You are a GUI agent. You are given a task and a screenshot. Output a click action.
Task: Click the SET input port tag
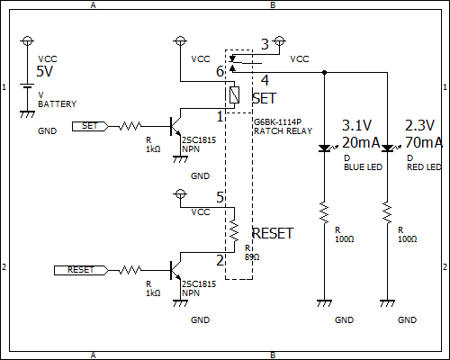click(x=90, y=126)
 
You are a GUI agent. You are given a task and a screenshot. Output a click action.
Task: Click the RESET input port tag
click(x=81, y=270)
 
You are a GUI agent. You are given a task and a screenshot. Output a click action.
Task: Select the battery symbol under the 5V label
click(x=27, y=86)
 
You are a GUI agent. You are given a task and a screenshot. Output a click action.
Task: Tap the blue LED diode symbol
click(x=325, y=148)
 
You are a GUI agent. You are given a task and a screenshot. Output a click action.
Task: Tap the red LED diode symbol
click(x=388, y=148)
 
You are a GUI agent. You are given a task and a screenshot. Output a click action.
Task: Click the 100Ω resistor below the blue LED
click(x=324, y=212)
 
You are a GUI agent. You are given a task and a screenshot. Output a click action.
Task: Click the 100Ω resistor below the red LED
click(x=387, y=212)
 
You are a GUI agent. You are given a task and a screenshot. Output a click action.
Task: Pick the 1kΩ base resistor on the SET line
click(x=130, y=126)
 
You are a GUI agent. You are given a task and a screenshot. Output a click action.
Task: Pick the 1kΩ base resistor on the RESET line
click(x=130, y=270)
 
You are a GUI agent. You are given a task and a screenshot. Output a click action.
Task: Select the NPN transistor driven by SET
click(x=175, y=126)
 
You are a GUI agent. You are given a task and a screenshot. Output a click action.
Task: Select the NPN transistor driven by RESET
click(x=175, y=270)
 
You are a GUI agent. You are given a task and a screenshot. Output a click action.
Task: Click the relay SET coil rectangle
click(x=234, y=94)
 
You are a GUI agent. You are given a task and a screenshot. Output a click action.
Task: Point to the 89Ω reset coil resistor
click(x=234, y=231)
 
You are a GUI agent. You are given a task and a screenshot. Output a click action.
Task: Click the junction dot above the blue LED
click(x=324, y=72)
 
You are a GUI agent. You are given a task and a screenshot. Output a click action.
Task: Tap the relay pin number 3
click(x=265, y=44)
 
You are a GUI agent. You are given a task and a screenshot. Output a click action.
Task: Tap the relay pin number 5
click(x=220, y=197)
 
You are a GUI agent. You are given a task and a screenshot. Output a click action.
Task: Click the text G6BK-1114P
click(x=277, y=122)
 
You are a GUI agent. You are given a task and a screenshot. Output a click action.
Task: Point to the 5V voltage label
click(x=45, y=71)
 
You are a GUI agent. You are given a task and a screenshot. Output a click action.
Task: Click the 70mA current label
click(x=424, y=142)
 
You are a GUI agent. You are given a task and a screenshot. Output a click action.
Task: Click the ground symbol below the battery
click(x=27, y=114)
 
